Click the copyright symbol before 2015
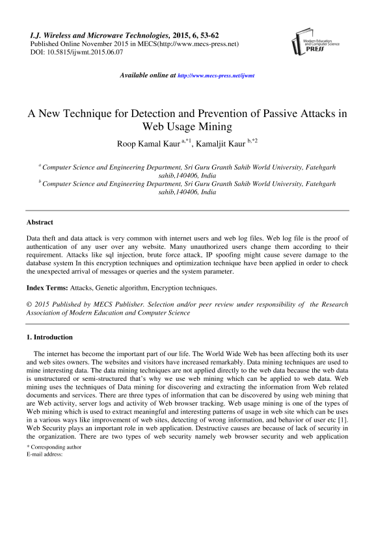29,304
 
